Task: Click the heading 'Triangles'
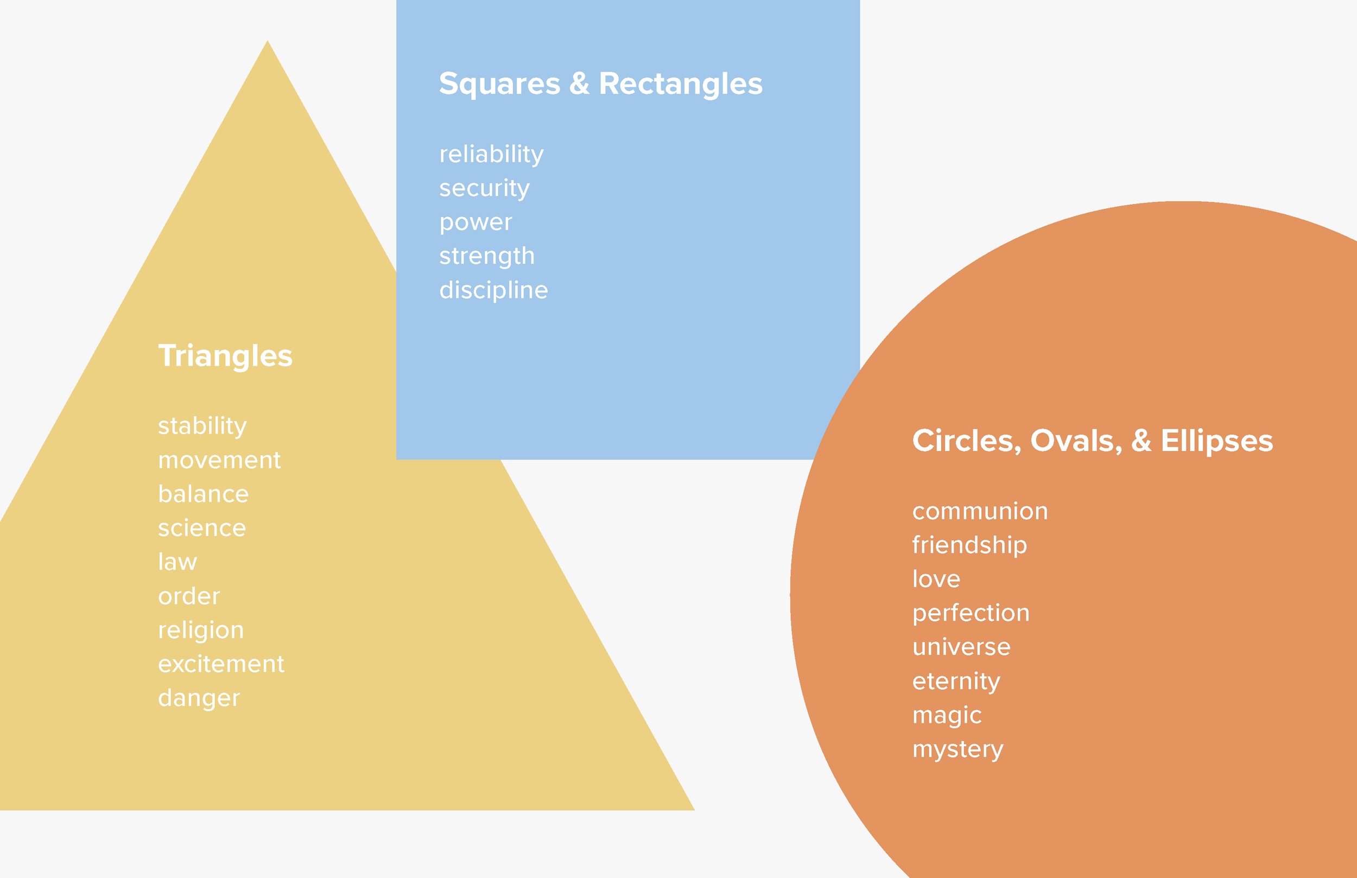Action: coord(225,356)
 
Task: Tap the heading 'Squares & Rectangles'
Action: coord(600,84)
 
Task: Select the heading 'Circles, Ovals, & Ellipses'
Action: coord(1093,441)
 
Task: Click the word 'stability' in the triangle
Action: coord(202,427)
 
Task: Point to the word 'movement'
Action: coord(219,460)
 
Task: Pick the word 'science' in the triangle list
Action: coord(202,528)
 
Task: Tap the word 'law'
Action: coord(177,562)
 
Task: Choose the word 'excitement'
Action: coord(221,664)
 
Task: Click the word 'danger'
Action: coord(199,698)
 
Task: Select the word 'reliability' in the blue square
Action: coord(491,155)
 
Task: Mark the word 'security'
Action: coord(484,188)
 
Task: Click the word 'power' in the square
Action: coord(475,222)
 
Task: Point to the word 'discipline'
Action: coord(493,290)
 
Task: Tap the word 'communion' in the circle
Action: coord(980,511)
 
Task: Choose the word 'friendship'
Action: coord(969,545)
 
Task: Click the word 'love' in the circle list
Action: coord(936,579)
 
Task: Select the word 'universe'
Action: coord(961,647)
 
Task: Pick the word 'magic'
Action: coord(947,715)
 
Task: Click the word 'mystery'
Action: coord(957,749)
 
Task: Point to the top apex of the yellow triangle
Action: coord(268,42)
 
